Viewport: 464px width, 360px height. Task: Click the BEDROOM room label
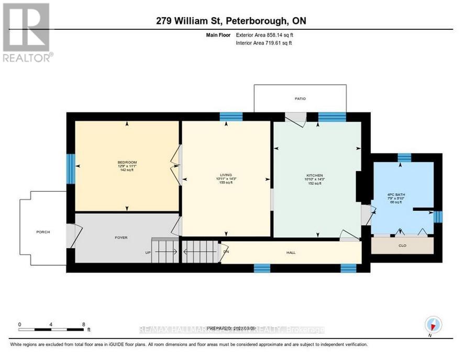click(x=127, y=162)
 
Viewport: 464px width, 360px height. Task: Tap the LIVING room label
click(x=226, y=175)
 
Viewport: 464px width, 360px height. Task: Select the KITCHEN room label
click(x=315, y=175)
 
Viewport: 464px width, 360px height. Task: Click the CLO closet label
click(x=402, y=245)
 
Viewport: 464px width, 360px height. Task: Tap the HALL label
click(x=291, y=253)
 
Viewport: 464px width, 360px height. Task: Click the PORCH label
click(x=43, y=232)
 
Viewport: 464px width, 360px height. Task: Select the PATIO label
click(x=300, y=99)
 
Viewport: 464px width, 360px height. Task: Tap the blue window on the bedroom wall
click(x=70, y=166)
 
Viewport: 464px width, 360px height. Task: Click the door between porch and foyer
click(x=73, y=236)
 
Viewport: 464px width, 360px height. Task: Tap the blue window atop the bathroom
click(x=404, y=157)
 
